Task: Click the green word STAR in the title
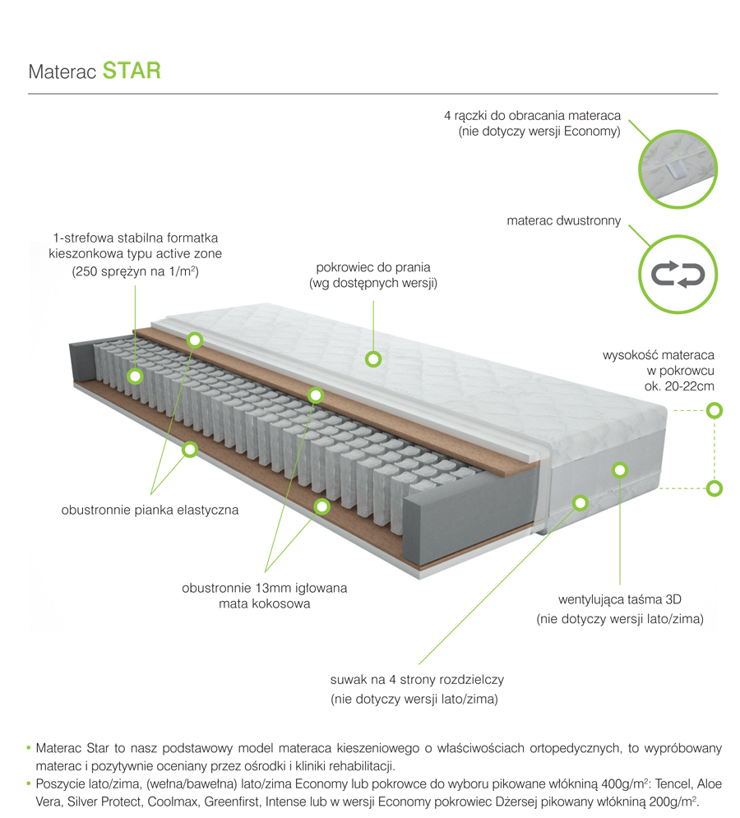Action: [x=132, y=70]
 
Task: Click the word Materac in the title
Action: [x=62, y=72]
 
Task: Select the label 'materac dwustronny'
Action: [x=563, y=221]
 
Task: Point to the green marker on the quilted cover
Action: [x=373, y=358]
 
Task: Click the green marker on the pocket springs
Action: [x=135, y=377]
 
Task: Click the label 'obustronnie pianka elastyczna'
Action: [x=150, y=510]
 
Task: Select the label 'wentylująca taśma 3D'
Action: [x=620, y=598]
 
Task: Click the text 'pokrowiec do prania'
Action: [x=373, y=267]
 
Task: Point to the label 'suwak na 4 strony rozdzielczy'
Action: [x=416, y=680]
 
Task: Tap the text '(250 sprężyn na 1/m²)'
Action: [x=136, y=270]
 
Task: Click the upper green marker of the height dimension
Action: [x=715, y=409]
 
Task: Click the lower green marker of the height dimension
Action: [x=715, y=488]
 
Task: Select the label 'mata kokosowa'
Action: [x=265, y=604]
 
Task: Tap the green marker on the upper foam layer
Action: [x=195, y=339]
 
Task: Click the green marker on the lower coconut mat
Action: [x=321, y=506]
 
